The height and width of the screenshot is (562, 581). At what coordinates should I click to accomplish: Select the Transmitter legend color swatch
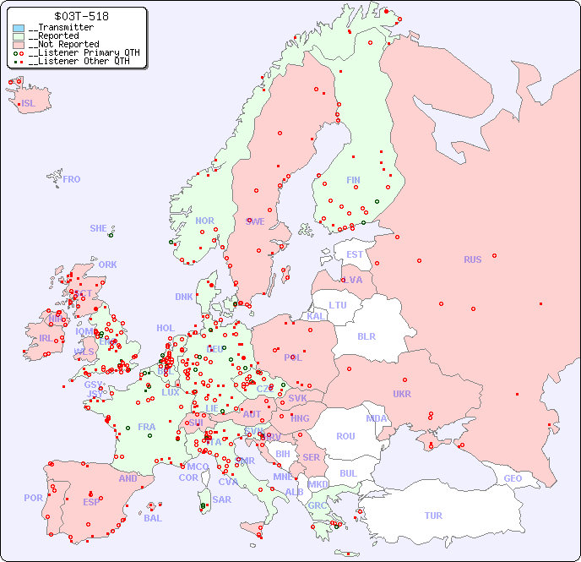point(19,28)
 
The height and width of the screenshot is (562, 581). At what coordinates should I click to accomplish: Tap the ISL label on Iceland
point(29,104)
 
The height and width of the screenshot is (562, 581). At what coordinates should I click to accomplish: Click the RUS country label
point(472,259)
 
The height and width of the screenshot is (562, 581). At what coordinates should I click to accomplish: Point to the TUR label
point(433,516)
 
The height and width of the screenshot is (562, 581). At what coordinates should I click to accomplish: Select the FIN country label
point(353,180)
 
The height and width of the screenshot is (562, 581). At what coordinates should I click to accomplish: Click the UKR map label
point(402,394)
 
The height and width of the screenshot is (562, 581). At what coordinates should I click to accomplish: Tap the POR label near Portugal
point(33,498)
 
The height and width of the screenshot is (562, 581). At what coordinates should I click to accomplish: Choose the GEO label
point(513,478)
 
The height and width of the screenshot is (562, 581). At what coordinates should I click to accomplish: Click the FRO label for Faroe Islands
point(72,179)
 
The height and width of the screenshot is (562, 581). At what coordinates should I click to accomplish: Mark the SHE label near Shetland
point(99,228)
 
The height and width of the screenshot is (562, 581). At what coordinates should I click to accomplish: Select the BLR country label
point(367,336)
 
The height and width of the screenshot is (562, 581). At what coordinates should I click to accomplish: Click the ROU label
point(345,436)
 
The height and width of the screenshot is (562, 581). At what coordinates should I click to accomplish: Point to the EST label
point(355,254)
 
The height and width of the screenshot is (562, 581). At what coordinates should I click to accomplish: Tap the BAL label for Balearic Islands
point(153,518)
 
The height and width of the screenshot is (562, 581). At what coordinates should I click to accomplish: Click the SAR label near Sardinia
point(221,499)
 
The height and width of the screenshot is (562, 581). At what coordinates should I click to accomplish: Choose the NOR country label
point(205,221)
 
